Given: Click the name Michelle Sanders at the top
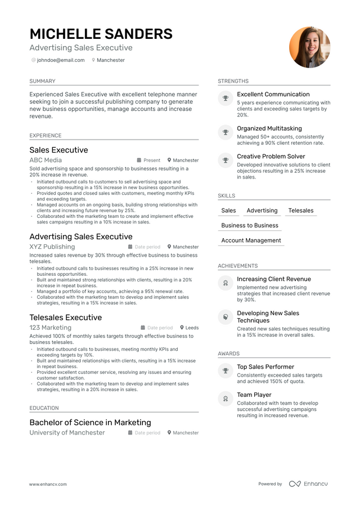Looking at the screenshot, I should tap(101, 34).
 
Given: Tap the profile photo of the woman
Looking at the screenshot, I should tap(309, 47).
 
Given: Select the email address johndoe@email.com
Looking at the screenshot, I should tap(61, 60).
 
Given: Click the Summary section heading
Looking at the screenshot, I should tap(42, 81).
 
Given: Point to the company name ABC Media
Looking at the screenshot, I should tap(46, 160).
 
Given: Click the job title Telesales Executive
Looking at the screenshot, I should tap(65, 317).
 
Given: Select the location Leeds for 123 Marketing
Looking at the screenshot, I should tap(192, 328).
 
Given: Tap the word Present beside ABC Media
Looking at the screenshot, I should tap(152, 160).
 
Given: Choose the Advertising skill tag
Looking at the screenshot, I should tap(262, 211).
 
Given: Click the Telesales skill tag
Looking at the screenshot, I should tap(301, 211).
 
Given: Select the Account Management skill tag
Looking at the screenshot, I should tap(251, 240).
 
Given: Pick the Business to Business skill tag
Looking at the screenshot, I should tap(250, 225).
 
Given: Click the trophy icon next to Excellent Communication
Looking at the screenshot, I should tap(225, 99).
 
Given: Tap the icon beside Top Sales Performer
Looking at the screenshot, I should tap(225, 371).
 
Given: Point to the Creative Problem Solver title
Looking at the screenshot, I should tap(271, 156).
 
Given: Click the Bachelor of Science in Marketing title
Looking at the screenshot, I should tap(90, 422).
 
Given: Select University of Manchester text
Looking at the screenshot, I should tap(67, 433).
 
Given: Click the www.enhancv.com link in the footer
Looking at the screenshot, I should tap(48, 484).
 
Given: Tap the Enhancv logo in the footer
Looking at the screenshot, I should tap(308, 484).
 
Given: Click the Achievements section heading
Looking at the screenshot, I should tap(237, 266).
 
